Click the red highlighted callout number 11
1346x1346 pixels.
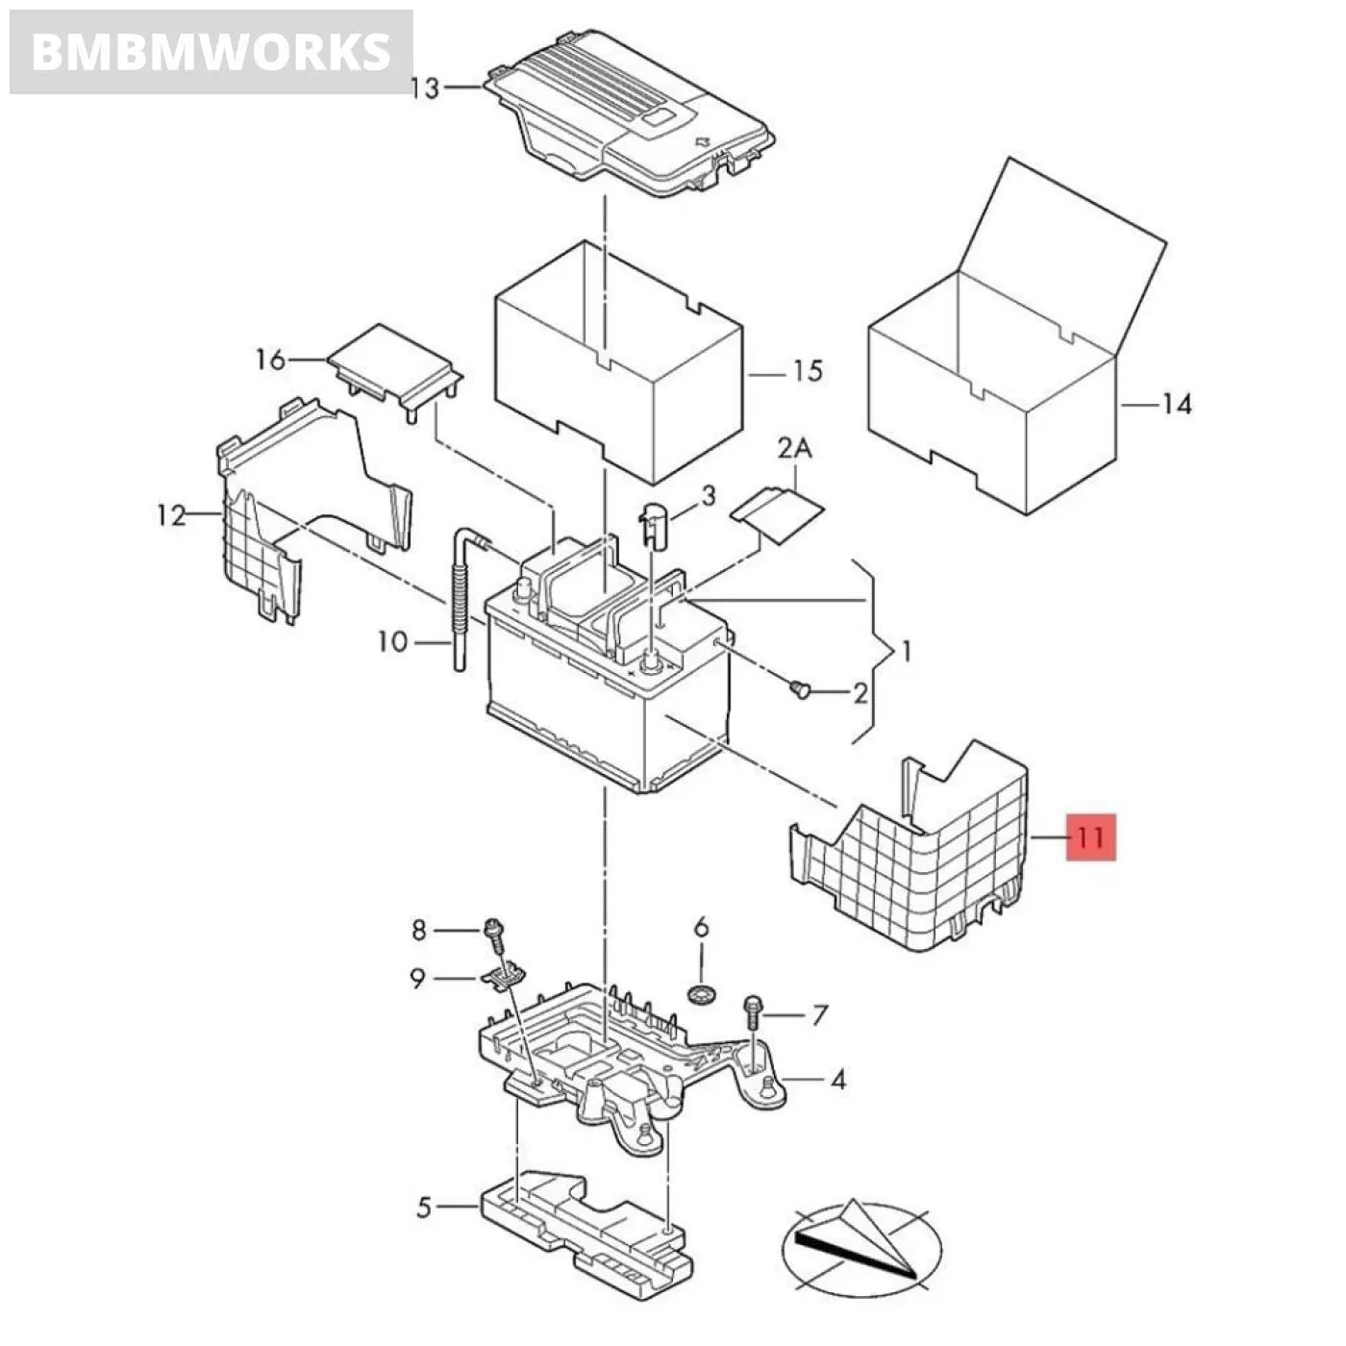tap(1090, 836)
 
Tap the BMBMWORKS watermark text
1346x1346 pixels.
tap(211, 52)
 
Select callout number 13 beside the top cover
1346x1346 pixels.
tap(424, 88)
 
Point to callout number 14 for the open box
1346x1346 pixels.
tap(1175, 404)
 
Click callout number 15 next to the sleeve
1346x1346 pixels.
tap(808, 370)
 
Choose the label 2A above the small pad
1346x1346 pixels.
tap(795, 448)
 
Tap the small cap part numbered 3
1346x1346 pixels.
tap(654, 524)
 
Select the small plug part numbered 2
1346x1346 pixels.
tap(800, 688)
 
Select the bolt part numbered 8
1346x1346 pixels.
tap(495, 931)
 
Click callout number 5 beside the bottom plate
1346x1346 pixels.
tap(425, 1207)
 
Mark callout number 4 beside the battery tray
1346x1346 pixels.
tap(837, 1080)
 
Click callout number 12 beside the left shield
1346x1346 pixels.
tap(171, 516)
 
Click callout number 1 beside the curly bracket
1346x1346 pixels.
tap(905, 652)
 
